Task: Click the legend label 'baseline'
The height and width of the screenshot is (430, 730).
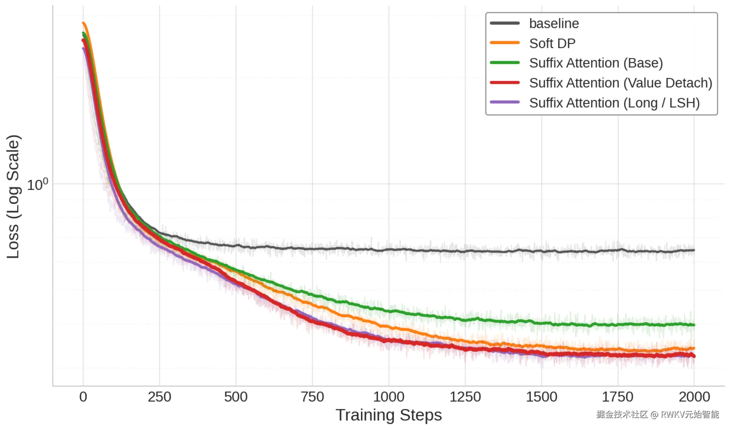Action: pyautogui.click(x=554, y=23)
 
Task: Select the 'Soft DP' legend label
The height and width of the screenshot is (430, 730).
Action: pyautogui.click(x=552, y=43)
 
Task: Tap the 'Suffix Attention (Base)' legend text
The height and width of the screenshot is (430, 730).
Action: pyautogui.click(x=596, y=63)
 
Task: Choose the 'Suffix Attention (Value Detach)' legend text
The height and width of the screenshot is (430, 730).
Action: pyautogui.click(x=621, y=83)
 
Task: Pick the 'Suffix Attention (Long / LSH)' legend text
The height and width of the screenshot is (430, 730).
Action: pyautogui.click(x=614, y=103)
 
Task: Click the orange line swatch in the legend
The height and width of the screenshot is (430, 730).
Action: pyautogui.click(x=505, y=43)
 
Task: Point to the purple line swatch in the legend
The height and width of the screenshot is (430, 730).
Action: pyautogui.click(x=505, y=102)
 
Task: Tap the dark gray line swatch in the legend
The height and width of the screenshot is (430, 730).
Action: pyautogui.click(x=505, y=23)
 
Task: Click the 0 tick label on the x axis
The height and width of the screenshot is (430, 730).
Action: pyautogui.click(x=83, y=397)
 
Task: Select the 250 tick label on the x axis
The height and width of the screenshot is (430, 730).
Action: pyautogui.click(x=160, y=397)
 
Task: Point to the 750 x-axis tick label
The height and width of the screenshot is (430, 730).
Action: pyautogui.click(x=312, y=397)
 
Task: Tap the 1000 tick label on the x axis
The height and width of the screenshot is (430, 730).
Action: pyautogui.click(x=388, y=397)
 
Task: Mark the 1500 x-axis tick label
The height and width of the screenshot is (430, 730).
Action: pyautogui.click(x=541, y=397)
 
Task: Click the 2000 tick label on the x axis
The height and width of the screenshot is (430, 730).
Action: pyautogui.click(x=694, y=397)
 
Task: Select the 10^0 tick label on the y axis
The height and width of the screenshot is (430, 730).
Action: pyautogui.click(x=37, y=185)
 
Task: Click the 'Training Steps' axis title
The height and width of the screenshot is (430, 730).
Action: pyautogui.click(x=388, y=415)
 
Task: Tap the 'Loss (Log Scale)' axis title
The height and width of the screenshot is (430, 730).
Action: pyautogui.click(x=13, y=197)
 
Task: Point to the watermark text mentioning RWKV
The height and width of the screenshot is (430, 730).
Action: pyautogui.click(x=657, y=414)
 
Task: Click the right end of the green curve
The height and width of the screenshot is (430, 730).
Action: pyautogui.click(x=694, y=325)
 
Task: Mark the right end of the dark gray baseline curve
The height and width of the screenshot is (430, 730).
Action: pyautogui.click(x=694, y=250)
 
